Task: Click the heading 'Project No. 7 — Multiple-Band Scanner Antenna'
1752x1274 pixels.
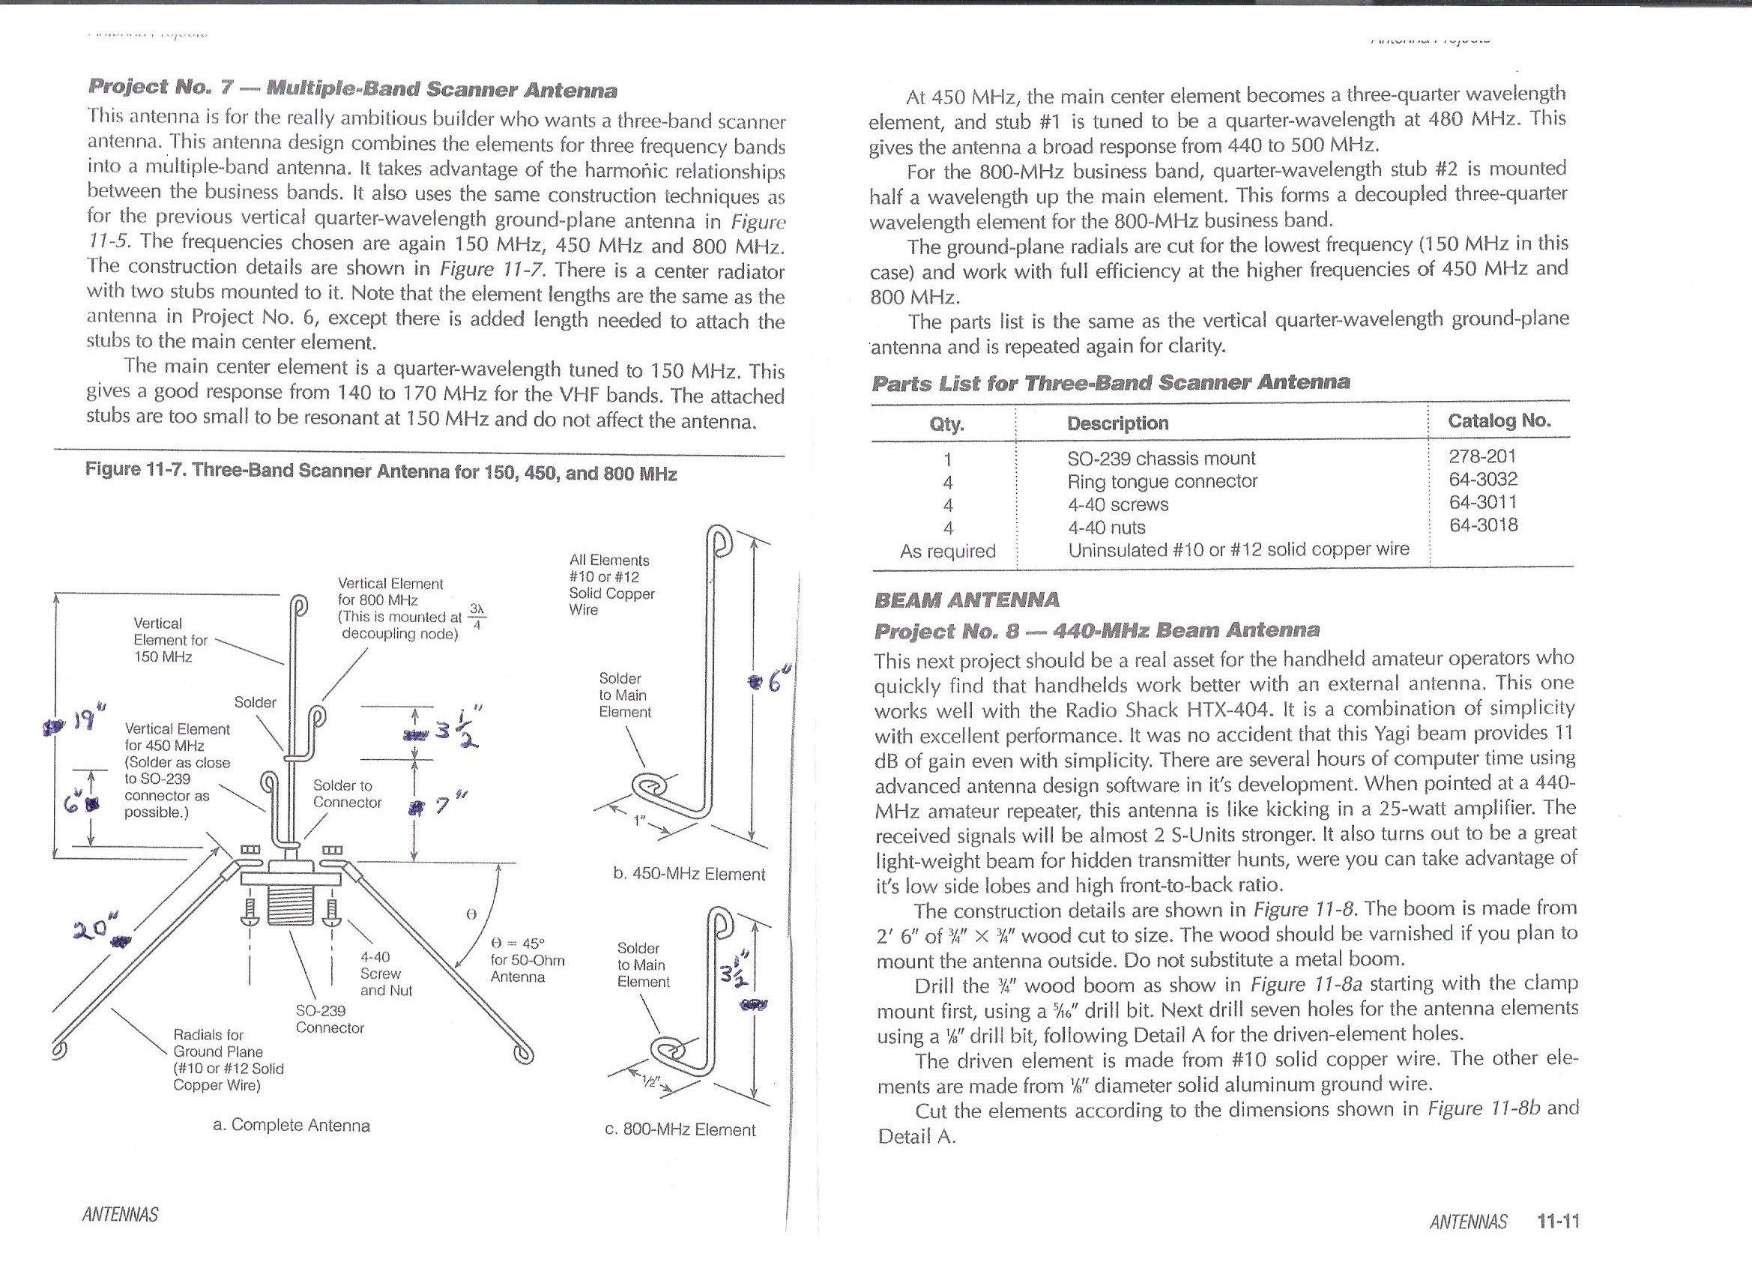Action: point(353,89)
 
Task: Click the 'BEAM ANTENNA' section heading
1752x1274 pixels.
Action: point(967,600)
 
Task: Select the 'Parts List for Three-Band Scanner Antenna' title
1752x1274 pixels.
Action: point(1111,382)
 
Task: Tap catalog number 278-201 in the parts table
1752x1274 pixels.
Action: point(1482,456)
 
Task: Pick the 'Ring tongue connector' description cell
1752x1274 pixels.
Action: point(1162,481)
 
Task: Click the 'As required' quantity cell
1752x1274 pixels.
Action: point(948,551)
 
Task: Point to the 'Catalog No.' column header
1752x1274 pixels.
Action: point(1499,421)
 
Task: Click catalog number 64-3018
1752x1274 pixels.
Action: point(1483,525)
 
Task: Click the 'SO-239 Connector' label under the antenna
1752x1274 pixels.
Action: point(330,1019)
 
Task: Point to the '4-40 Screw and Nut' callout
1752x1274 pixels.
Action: point(386,973)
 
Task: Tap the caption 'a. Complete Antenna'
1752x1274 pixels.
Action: point(292,1125)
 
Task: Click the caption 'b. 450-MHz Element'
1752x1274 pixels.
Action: point(689,874)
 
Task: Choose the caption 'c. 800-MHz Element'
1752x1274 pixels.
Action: point(680,1129)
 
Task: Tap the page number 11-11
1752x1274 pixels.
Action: point(1558,1221)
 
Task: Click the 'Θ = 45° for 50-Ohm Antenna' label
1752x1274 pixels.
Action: point(528,959)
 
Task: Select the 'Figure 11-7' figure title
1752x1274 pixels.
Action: point(381,471)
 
